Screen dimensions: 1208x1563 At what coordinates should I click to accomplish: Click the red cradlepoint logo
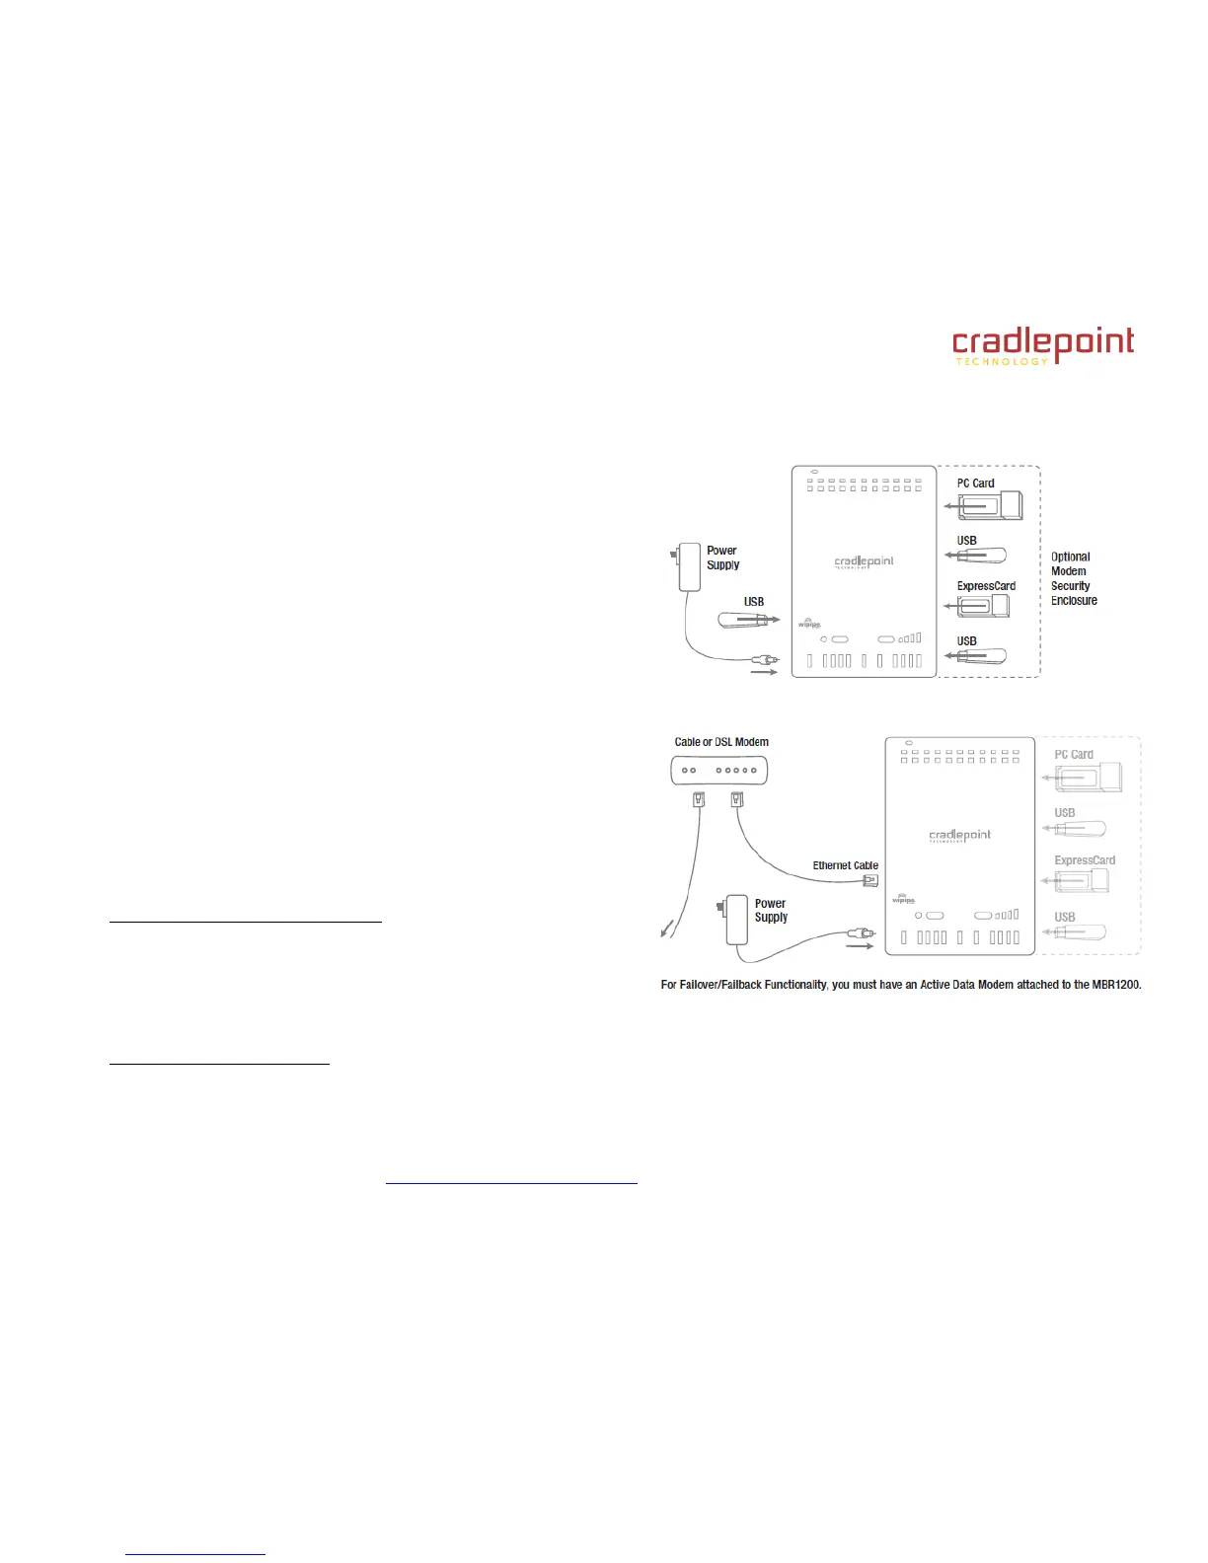pyautogui.click(x=1042, y=341)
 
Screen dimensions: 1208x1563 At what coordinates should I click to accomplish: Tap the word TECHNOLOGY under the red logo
pyautogui.click(x=1002, y=362)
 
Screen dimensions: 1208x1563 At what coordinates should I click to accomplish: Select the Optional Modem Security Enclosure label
pyautogui.click(x=1074, y=578)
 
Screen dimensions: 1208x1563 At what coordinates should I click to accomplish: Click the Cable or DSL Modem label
pyautogui.click(x=721, y=742)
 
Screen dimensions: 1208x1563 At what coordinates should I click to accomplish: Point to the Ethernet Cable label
pyautogui.click(x=845, y=865)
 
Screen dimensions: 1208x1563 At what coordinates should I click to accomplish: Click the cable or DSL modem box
pyautogui.click(x=719, y=770)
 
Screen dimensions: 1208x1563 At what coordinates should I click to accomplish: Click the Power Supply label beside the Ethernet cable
pyautogui.click(x=771, y=910)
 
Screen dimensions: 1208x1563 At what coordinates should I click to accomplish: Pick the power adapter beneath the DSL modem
pyautogui.click(x=735, y=919)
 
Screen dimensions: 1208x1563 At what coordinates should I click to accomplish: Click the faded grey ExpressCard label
pyautogui.click(x=1085, y=860)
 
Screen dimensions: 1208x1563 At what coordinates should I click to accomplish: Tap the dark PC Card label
pyautogui.click(x=975, y=484)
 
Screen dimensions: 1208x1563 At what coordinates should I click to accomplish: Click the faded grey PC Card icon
pyautogui.click(x=1087, y=778)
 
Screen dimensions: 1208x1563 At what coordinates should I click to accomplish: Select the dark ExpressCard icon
pyautogui.click(x=982, y=604)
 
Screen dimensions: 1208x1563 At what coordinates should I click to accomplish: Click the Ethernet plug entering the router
pyautogui.click(x=870, y=880)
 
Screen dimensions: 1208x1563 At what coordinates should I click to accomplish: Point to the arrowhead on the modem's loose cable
pyautogui.click(x=665, y=930)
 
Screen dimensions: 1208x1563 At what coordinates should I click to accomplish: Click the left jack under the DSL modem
pyautogui.click(x=699, y=799)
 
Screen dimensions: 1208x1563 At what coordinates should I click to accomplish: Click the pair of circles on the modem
pyautogui.click(x=689, y=771)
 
